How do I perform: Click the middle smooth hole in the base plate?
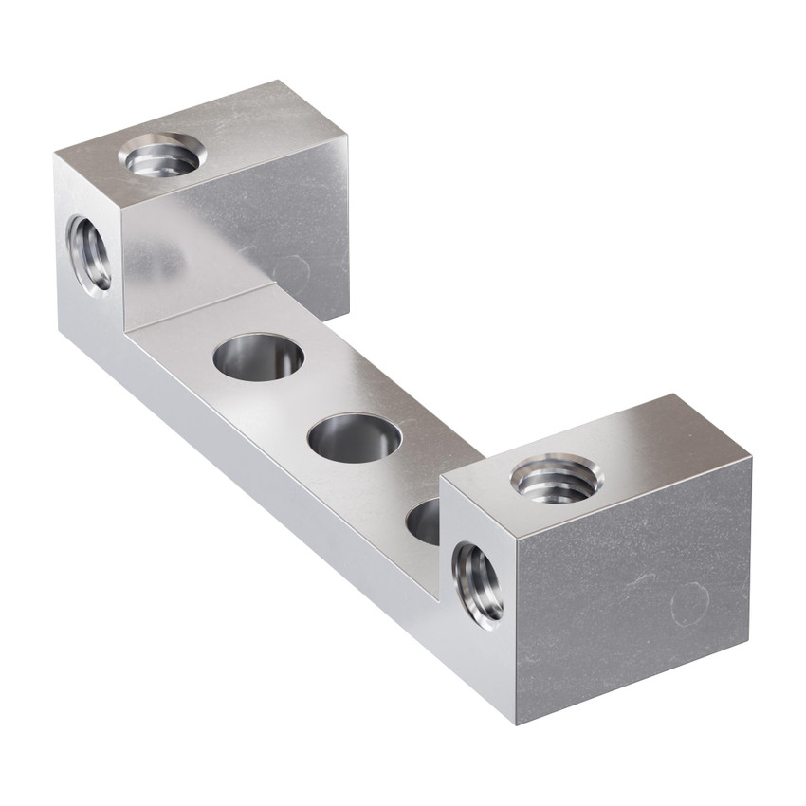pos(355,438)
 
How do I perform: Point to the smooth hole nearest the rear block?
pos(258,357)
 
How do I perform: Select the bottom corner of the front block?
pos(518,724)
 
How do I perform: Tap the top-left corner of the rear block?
pos(55,155)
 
